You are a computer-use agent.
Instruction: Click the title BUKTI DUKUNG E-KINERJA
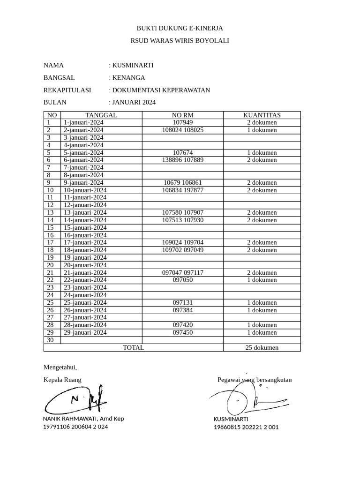coord(180,28)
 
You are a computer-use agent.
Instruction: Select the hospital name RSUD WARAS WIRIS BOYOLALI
coord(180,41)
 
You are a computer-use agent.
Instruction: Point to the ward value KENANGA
coord(128,78)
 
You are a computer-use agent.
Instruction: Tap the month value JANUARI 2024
coord(134,102)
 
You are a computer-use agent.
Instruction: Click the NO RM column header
coord(182,115)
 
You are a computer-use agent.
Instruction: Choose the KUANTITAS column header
coord(262,115)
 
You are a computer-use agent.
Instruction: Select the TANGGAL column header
coord(101,115)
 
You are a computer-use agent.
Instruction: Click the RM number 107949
coord(182,122)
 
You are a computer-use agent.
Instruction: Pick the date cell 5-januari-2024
coord(83,152)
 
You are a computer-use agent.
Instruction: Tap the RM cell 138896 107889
coord(182,160)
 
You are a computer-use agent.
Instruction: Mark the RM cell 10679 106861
coord(182,182)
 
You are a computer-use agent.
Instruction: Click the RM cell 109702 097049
coord(182,250)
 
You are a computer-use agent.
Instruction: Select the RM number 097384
coord(182,310)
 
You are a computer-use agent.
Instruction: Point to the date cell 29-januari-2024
coord(85,332)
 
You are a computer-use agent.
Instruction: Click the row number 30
coord(51,340)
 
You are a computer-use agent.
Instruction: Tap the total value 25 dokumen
coord(262,347)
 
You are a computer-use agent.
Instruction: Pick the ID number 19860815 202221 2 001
coord(246,427)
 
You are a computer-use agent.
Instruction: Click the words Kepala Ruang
coord(62,380)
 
